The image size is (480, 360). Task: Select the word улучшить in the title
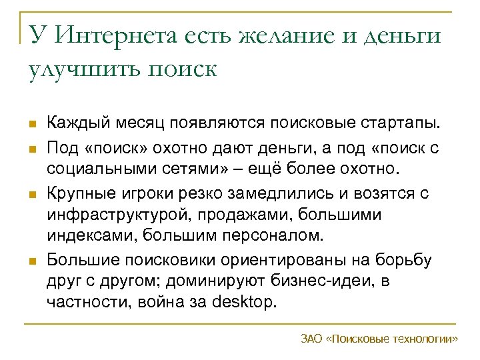[x=76, y=69]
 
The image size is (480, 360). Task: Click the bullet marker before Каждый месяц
[x=32, y=124]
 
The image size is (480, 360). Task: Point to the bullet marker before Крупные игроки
[x=32, y=193]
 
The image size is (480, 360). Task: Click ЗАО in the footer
[x=311, y=339]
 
